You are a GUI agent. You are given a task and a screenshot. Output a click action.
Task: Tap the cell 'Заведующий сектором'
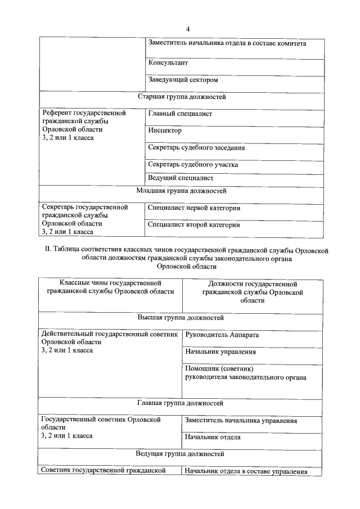183,80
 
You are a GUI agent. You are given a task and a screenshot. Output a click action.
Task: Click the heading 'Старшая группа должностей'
181,97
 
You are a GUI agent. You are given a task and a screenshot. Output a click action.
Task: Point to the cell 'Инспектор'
165,130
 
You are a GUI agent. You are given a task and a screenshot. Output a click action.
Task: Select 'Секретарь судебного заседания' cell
196,148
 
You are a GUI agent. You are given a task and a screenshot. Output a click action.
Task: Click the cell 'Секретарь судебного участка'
192,165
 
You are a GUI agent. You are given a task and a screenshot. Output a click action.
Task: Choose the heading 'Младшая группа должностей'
181,191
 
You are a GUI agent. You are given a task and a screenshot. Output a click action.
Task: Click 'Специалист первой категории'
194,208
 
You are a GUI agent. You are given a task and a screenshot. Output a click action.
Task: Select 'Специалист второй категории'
193,225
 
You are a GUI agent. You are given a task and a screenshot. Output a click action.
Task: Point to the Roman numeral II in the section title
47,249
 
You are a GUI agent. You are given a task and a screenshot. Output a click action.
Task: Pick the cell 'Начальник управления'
220,353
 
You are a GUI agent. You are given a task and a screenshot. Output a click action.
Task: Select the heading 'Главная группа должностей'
181,403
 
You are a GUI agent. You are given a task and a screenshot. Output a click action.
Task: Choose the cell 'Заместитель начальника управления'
241,421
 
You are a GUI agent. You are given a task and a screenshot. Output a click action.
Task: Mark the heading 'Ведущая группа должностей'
181,453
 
